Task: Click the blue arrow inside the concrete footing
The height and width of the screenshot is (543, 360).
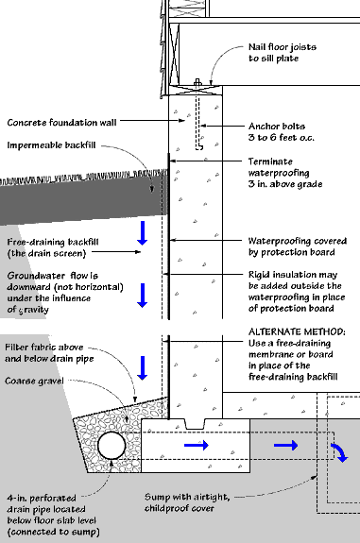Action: pos(197,445)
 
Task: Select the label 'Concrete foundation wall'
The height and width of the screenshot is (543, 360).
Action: pos(61,123)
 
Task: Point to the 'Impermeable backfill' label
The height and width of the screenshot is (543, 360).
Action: pos(51,144)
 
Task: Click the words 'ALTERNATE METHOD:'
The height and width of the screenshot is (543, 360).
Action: pos(297,331)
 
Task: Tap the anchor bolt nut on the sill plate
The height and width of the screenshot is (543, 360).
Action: pos(197,83)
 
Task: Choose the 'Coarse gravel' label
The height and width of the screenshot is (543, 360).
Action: pos(34,381)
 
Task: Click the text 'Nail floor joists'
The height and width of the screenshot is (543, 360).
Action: pos(283,47)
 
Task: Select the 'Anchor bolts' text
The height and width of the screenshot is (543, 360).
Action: pos(277,126)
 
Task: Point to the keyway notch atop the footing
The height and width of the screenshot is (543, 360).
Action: pos(195,424)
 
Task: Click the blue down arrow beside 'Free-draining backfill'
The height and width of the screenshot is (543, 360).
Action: pos(143,233)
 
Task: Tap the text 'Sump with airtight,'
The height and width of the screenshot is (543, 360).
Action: pos(187,497)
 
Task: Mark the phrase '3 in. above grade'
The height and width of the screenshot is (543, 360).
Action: pos(285,184)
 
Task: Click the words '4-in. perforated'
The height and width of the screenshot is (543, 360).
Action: pos(42,498)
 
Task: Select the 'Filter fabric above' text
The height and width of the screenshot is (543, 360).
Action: pos(44,347)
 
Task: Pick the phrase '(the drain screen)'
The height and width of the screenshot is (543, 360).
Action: pos(46,253)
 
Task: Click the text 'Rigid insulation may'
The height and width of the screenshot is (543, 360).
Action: pos(293,275)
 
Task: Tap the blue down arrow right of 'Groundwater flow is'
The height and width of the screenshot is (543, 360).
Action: pos(143,296)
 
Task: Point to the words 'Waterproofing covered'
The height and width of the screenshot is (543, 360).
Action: pos(298,241)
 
